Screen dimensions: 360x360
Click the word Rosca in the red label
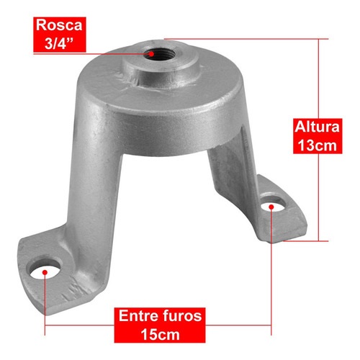(59, 25)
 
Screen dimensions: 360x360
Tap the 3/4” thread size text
(59, 43)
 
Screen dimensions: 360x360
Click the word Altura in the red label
(318, 127)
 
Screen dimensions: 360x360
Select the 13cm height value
(318, 145)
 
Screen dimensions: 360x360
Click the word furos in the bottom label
(183, 316)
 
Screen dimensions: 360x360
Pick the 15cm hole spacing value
(160, 334)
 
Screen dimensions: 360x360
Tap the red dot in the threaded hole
(151, 54)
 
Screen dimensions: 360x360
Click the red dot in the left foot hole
(45, 272)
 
